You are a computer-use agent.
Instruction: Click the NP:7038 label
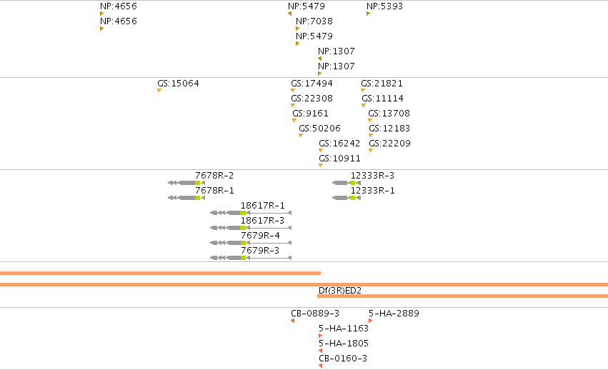(314, 21)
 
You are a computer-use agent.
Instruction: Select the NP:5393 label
(384, 6)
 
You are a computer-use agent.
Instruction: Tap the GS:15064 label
(178, 84)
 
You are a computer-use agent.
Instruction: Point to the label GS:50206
(319, 129)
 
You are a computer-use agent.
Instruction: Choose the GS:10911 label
(339, 159)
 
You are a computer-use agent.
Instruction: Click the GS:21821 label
(382, 84)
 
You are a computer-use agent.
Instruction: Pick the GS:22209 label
(389, 144)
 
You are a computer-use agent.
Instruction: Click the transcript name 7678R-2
(214, 176)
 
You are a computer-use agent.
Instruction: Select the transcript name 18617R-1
(262, 206)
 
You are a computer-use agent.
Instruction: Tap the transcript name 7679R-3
(260, 251)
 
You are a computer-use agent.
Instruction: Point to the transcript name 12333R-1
(373, 191)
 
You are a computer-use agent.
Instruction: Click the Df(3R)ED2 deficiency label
(340, 291)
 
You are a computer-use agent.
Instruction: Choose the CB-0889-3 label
(315, 314)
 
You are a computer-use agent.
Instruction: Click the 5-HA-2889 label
(394, 314)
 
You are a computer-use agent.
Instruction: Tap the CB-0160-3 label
(343, 359)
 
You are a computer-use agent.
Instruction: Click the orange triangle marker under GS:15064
(159, 91)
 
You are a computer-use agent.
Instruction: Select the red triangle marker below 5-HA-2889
(371, 321)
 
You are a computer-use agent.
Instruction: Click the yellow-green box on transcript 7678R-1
(197, 198)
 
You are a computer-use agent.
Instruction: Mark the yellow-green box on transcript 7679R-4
(243, 243)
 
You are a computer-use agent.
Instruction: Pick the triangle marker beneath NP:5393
(369, 14)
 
